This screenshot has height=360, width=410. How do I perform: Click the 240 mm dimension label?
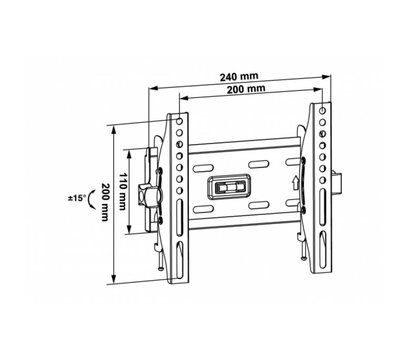(x=239, y=76)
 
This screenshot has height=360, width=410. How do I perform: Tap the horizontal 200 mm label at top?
(x=246, y=89)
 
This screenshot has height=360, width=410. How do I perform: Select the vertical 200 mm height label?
(x=105, y=202)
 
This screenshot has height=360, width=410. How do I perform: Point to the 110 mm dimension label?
(x=122, y=191)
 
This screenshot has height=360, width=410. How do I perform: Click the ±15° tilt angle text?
(x=76, y=198)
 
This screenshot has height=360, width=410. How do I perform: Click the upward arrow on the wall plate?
(x=295, y=183)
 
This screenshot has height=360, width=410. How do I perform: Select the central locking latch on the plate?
(x=230, y=187)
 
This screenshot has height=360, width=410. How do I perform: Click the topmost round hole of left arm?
(x=179, y=120)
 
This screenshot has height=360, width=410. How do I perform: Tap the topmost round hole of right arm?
(x=323, y=110)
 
